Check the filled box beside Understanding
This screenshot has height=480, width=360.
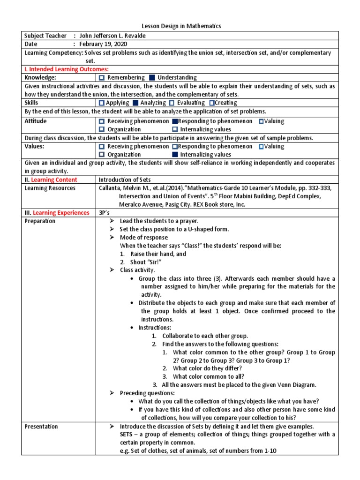pyautogui.click(x=151, y=77)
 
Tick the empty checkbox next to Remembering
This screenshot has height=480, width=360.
pyautogui.click(x=102, y=77)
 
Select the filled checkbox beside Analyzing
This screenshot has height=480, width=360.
pyautogui.click(x=135, y=103)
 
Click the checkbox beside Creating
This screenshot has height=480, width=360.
pyautogui.click(x=212, y=103)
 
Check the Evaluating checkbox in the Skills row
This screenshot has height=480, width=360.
pyautogui.click(x=172, y=103)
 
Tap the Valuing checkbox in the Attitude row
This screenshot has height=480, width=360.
pyautogui.click(x=261, y=121)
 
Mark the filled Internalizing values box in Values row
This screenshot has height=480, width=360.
pyautogui.click(x=175, y=154)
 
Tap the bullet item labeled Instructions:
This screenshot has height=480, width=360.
pyautogui.click(x=155, y=327)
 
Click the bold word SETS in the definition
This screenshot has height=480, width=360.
pyautogui.click(x=127, y=435)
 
